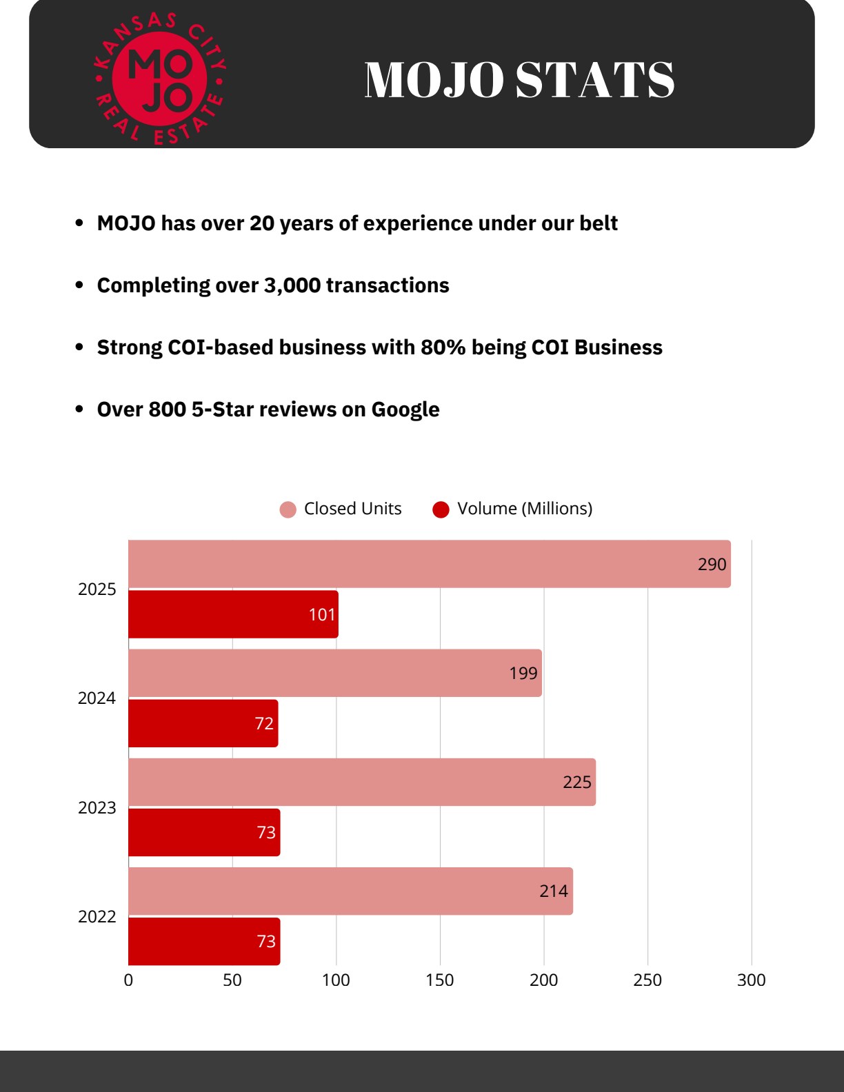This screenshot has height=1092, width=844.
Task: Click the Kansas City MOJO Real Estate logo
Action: tap(160, 79)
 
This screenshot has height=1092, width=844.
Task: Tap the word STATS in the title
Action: tap(594, 79)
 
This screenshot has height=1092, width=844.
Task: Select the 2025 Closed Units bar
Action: tap(430, 564)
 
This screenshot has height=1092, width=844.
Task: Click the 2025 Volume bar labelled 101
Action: tap(233, 614)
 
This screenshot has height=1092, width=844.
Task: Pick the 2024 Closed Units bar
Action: tap(335, 673)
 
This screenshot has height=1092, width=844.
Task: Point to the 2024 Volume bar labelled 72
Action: tap(203, 723)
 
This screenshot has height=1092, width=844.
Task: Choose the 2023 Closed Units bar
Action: tap(362, 782)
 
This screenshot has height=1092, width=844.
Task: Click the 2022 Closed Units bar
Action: tap(350, 891)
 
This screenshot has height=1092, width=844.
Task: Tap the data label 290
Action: tap(712, 565)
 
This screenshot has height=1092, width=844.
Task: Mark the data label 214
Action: tap(554, 891)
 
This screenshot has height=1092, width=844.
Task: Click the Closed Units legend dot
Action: tap(288, 509)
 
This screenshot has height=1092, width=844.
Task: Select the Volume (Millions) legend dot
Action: tap(441, 509)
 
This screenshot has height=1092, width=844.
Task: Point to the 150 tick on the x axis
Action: tap(440, 980)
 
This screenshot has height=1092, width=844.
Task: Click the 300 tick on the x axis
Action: tap(752, 980)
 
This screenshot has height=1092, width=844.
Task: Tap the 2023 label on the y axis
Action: tap(97, 807)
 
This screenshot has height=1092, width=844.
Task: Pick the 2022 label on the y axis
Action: tap(97, 917)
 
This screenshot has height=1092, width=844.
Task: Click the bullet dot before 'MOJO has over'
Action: tap(79, 223)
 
